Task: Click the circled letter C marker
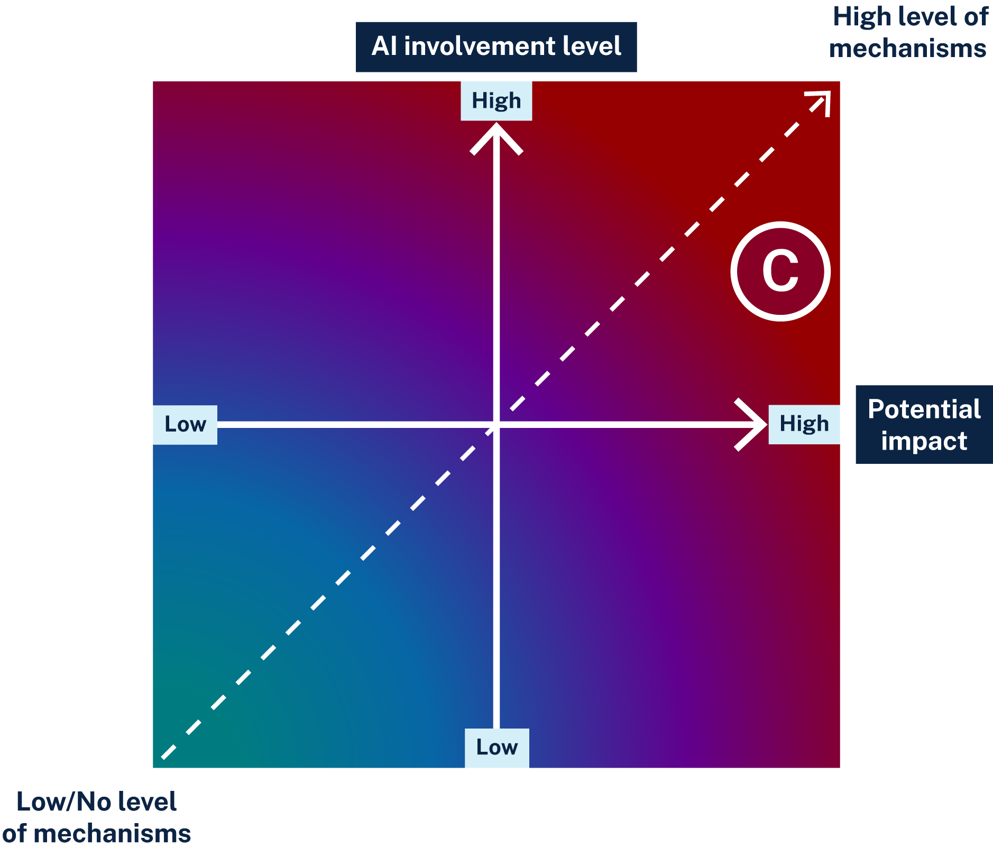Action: (x=780, y=271)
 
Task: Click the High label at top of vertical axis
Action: (x=496, y=101)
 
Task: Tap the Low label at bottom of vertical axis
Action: (x=497, y=747)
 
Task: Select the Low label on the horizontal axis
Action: (x=185, y=424)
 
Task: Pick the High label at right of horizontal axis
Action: (x=804, y=424)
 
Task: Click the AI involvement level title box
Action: (x=496, y=46)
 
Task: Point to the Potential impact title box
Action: (x=924, y=424)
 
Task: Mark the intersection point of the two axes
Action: (x=496, y=424)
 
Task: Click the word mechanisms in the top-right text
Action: (x=907, y=49)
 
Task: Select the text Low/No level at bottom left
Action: (x=96, y=801)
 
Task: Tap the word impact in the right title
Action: (x=924, y=441)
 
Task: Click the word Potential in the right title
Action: (x=924, y=409)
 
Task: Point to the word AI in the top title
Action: (x=384, y=46)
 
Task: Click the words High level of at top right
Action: (x=910, y=17)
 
